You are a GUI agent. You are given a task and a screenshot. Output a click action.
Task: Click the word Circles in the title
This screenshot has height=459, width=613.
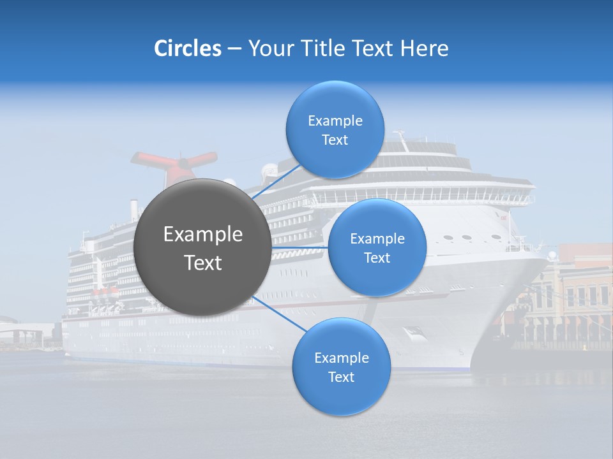click(187, 48)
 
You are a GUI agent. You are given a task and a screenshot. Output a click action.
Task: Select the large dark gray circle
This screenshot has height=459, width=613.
click(202, 247)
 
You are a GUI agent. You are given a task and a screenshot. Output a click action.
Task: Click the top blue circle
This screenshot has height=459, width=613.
click(335, 129)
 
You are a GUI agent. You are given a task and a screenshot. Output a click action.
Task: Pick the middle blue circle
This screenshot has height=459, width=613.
click(377, 247)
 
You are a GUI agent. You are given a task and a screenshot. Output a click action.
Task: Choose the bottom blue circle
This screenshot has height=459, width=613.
click(341, 367)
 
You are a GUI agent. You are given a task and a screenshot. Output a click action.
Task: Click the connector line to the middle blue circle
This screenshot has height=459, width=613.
click(300, 247)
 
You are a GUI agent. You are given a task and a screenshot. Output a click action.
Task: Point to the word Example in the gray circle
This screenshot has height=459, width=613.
click(202, 235)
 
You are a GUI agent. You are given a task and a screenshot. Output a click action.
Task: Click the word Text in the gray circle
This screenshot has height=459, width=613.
click(202, 263)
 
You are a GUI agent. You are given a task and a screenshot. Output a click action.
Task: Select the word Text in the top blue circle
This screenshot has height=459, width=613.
click(335, 140)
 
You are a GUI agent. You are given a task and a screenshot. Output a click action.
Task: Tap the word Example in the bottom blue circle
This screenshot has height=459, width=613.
click(341, 358)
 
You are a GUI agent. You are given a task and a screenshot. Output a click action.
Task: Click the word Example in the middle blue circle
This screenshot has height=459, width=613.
click(377, 238)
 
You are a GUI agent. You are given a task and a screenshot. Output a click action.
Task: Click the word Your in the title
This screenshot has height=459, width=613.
click(268, 48)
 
